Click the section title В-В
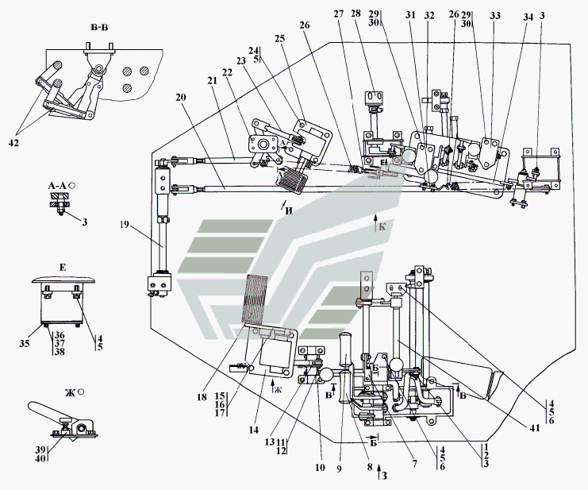point(99,28)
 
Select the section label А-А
point(57,185)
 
